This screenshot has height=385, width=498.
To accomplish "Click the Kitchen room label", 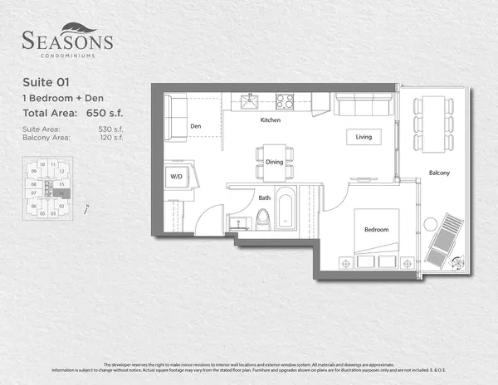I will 271,120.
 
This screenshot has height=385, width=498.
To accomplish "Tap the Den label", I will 196,127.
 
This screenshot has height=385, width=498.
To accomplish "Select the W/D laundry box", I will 176,177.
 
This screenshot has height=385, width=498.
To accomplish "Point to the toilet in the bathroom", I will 263,218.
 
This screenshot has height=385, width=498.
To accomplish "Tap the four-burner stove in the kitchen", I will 285,102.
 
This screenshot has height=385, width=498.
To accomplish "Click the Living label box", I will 364,137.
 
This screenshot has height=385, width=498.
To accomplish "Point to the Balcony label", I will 439,173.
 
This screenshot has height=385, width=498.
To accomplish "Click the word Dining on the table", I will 274,162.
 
